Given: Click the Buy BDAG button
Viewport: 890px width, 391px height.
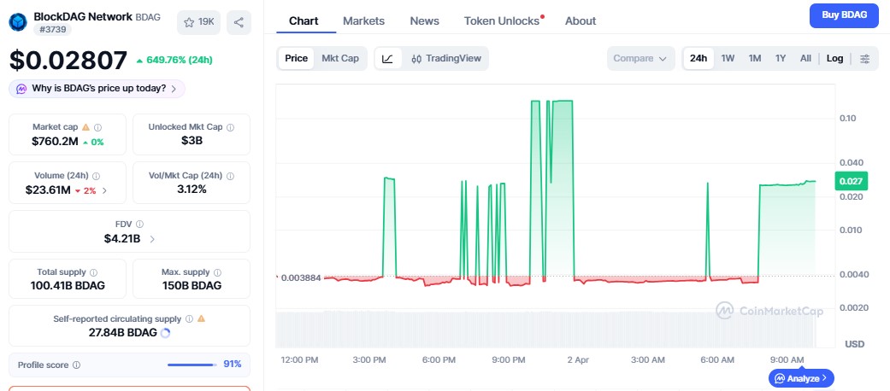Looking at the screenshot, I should (x=843, y=15).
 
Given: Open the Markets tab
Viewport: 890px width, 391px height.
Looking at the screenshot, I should (x=363, y=20).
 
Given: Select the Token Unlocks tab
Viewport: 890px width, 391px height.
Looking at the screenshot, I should (x=502, y=20).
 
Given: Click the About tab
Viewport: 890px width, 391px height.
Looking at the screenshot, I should (x=581, y=20).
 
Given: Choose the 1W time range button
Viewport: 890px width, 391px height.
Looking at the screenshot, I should (x=728, y=58).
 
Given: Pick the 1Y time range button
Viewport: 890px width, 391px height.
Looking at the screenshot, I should (x=780, y=58).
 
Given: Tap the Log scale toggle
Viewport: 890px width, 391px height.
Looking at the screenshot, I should (x=834, y=58).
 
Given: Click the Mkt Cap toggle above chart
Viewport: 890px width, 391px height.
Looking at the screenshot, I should (x=340, y=58).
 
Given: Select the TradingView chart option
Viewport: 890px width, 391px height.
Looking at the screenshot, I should (x=446, y=59).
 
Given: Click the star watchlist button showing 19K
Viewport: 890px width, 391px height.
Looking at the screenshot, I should (x=198, y=22).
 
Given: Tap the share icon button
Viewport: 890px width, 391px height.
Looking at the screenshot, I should (x=239, y=22).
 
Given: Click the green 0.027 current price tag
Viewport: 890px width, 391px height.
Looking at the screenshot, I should (x=852, y=181).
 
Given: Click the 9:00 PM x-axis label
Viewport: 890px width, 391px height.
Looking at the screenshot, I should (x=509, y=359).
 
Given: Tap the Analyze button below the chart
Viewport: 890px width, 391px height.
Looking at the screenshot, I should (x=802, y=377).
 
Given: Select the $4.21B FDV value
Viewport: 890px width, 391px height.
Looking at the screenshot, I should (x=121, y=238).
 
